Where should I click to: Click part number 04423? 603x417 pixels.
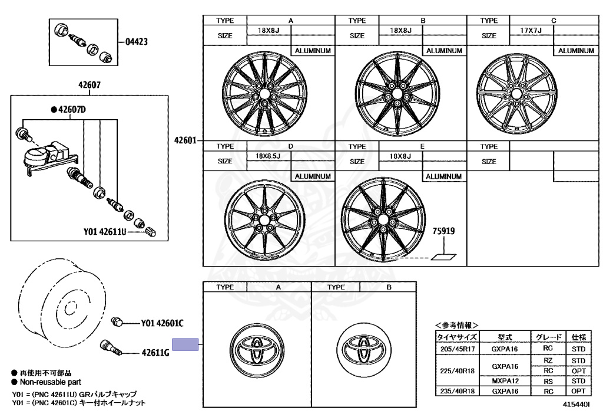[137, 42]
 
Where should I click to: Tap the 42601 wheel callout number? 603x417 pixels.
[185, 140]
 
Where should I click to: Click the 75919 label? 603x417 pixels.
[444, 231]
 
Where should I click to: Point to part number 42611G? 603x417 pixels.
[155, 352]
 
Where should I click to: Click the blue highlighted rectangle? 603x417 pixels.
[185, 344]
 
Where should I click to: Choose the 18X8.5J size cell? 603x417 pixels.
[268, 156]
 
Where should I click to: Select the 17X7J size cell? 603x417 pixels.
[531, 30]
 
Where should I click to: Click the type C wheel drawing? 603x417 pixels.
[516, 94]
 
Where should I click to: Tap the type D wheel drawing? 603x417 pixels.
[264, 219]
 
